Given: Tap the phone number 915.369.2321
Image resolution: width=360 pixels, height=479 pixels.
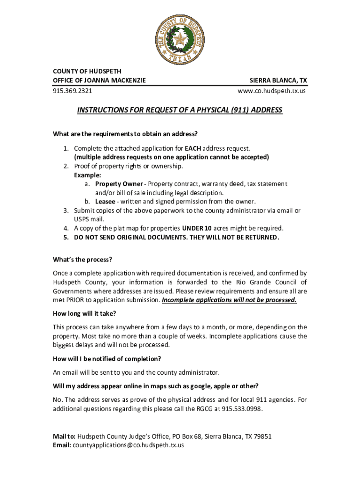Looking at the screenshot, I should point(72,91).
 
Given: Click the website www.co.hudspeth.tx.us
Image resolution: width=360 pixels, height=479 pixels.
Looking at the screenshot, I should point(272,91).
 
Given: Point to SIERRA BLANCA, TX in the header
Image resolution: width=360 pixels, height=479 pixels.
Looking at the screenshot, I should point(278,80).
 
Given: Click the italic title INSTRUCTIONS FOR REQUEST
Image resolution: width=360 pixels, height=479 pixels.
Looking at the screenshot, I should point(180,110).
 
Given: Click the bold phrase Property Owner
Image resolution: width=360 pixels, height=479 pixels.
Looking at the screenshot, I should point(119,184).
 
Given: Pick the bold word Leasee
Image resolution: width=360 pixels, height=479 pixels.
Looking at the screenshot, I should point(106,202).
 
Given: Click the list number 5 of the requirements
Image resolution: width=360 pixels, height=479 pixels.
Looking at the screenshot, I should point(66,237).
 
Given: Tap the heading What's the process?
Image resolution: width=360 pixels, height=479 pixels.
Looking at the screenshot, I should point(82,260).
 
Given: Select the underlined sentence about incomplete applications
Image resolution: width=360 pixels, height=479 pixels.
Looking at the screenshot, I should point(229,300).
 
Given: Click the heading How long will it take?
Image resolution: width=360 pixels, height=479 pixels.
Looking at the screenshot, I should point(85,313).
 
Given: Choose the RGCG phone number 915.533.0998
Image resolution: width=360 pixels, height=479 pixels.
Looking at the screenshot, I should point(242,409).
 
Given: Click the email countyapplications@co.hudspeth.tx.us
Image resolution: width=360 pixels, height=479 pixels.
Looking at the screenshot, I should point(128,445).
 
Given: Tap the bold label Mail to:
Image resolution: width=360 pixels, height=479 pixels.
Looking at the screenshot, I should point(64,436).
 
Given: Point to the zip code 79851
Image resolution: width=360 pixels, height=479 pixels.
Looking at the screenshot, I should point(261,436).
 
